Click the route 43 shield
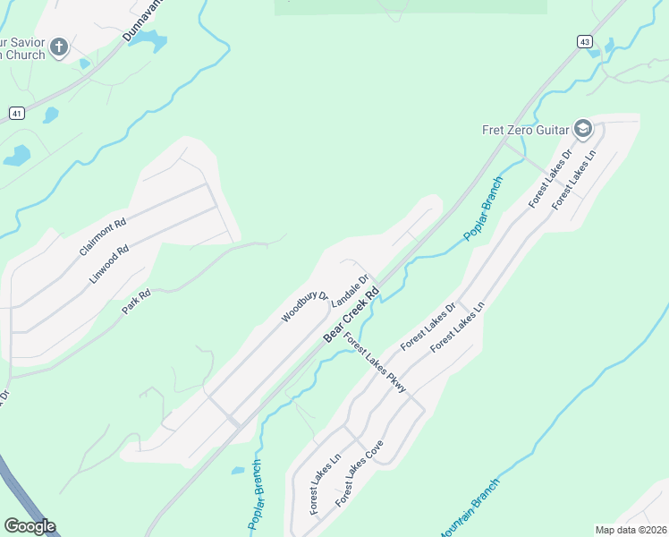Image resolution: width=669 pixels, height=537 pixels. click(x=584, y=41)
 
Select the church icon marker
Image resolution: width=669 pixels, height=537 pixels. click(x=59, y=47)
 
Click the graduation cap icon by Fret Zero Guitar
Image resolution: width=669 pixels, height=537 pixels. click(x=584, y=130)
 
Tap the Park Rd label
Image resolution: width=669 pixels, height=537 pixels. click(x=136, y=299)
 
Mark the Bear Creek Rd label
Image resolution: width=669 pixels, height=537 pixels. click(x=351, y=315)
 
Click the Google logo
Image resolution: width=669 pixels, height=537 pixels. click(x=30, y=526)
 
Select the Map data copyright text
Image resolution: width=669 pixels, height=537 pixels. click(x=631, y=530)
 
